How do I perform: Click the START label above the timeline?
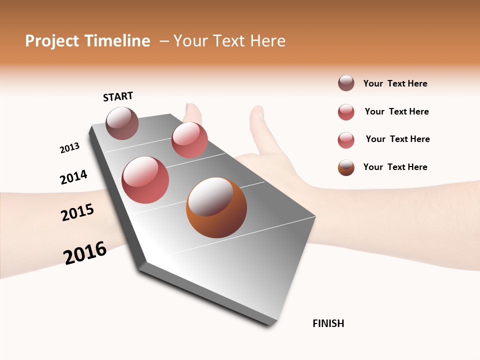point(118,96)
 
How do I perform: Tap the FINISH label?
point(328,323)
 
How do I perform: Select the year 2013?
point(69,148)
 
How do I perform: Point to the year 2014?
point(73,177)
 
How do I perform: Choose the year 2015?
point(77,212)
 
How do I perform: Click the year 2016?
point(85,252)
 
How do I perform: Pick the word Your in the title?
point(190,41)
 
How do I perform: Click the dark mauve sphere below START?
point(122,123)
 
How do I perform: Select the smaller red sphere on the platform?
point(189,140)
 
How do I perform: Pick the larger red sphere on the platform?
point(145,180)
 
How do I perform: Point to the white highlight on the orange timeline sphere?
point(210,196)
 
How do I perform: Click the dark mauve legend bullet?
point(346,83)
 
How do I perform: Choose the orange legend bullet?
point(346,167)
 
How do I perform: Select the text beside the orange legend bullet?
point(395,167)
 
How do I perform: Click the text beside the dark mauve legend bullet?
point(395,83)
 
